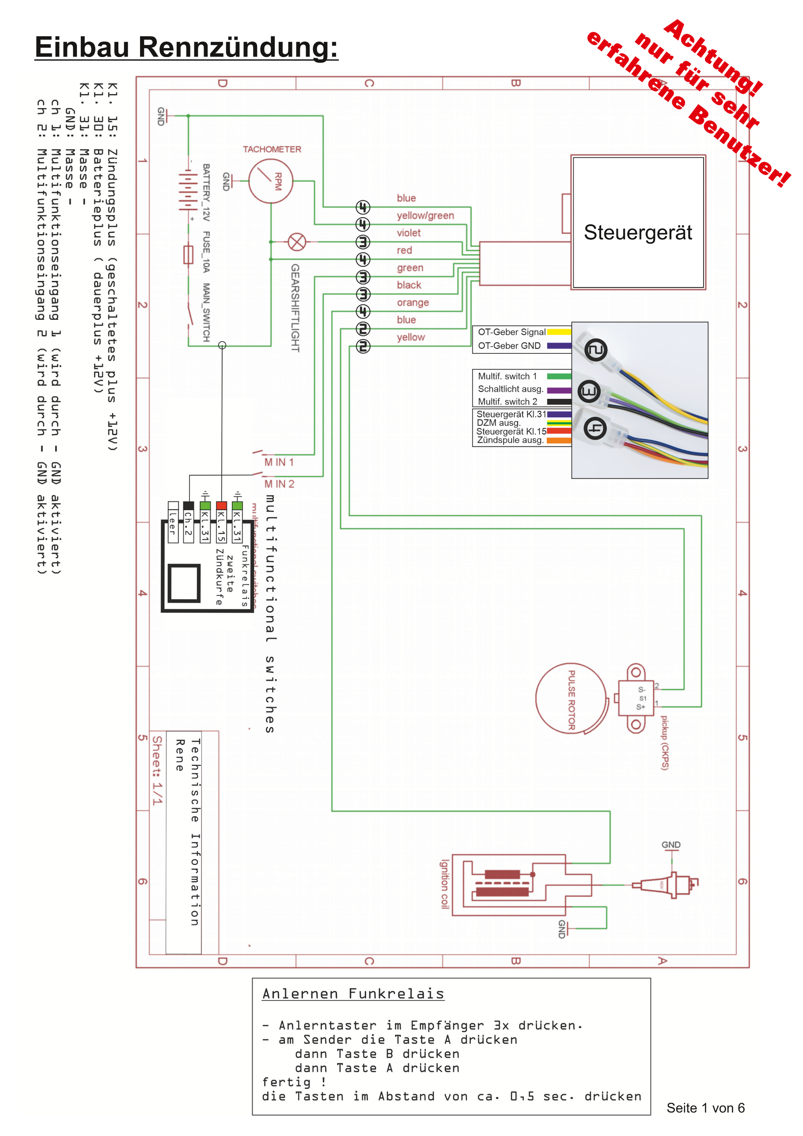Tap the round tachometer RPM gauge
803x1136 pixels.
(x=271, y=181)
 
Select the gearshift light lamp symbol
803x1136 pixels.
(x=297, y=242)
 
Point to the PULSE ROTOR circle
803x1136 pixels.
(x=572, y=699)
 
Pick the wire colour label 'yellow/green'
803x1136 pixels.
(x=425, y=216)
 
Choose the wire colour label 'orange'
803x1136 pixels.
(x=413, y=302)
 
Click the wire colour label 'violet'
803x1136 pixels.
(x=408, y=233)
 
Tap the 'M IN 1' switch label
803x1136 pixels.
(x=279, y=462)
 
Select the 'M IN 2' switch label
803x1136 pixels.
(x=279, y=484)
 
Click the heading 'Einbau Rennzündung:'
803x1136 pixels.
(x=186, y=48)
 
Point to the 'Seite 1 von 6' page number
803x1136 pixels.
(x=705, y=1108)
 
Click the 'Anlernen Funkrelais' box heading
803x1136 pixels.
(x=353, y=993)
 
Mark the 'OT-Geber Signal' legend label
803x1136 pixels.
(x=511, y=332)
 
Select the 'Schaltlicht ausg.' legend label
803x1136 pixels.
(x=510, y=389)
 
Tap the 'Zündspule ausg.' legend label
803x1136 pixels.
(x=510, y=440)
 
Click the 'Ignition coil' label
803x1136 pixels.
(x=445, y=884)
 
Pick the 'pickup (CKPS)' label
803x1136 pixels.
(x=664, y=742)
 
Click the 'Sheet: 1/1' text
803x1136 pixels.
(x=157, y=770)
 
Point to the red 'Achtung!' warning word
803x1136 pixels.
(x=712, y=57)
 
